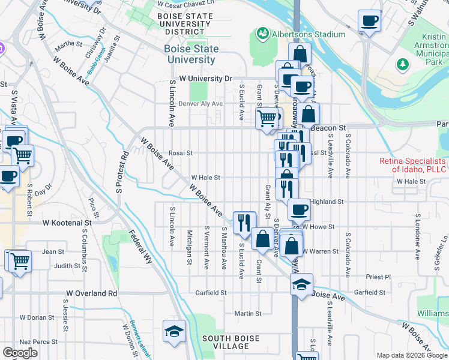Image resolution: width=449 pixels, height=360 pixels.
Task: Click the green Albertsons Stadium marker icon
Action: click(262, 33)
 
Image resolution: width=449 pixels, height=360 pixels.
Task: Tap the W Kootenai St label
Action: click(66, 222)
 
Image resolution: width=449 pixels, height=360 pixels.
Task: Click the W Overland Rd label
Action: click(91, 293)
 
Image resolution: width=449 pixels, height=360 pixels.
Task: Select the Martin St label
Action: click(248, 313)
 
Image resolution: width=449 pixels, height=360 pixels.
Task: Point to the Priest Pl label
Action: click(378, 277)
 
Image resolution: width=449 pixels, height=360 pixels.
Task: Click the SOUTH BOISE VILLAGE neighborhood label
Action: click(231, 343)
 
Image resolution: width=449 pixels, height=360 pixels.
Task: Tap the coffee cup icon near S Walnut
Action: click(369, 22)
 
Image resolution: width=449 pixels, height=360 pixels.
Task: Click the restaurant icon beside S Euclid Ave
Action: click(244, 223)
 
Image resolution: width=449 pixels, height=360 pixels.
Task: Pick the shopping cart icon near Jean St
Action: click(18, 261)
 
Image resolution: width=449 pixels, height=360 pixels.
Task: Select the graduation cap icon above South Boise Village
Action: click(174, 331)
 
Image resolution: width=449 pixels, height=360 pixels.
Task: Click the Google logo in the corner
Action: click(20, 353)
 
